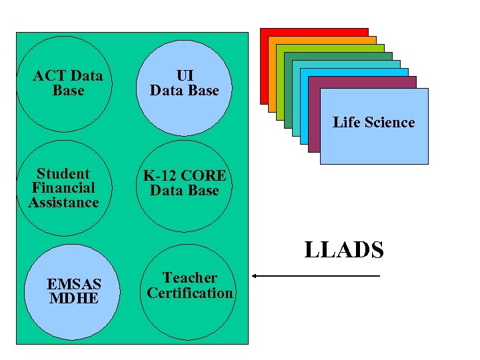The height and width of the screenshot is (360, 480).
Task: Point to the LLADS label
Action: [344, 250]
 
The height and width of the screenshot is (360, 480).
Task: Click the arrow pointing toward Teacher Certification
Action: [316, 276]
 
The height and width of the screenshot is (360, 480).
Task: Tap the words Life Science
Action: [373, 122]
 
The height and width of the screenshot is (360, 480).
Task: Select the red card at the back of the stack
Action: [313, 31]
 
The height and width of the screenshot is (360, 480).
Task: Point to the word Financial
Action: [63, 188]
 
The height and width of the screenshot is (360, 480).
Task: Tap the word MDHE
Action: [74, 299]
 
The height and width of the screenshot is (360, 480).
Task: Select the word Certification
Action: [190, 293]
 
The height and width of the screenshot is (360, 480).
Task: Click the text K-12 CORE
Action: [185, 176]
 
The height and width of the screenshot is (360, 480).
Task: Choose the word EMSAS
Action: [74, 285]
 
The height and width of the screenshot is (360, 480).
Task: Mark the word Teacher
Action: [190, 277]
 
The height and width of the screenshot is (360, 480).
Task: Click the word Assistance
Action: [63, 202]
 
